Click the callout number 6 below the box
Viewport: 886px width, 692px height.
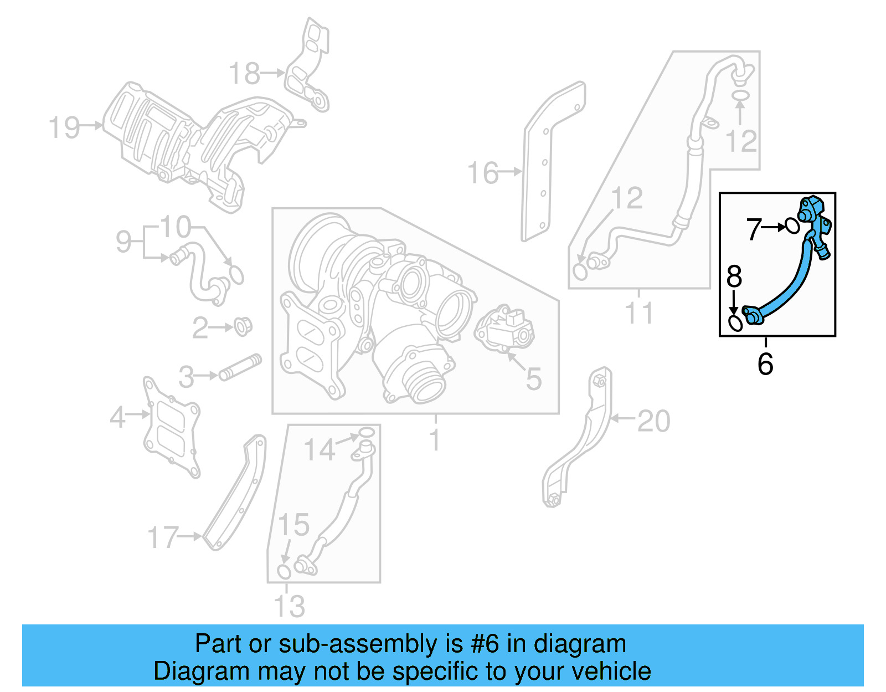765,364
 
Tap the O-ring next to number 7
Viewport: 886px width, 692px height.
792,225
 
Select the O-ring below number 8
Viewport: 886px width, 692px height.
735,323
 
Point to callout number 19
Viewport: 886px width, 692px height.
64,127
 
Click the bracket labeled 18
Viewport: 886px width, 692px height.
307,66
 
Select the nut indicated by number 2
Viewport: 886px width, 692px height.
243,326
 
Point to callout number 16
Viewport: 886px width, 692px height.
483,173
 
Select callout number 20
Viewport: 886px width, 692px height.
653,421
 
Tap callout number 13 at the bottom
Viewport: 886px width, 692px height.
289,606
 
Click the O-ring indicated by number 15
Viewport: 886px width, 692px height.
284,571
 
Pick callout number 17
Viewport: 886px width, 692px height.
163,537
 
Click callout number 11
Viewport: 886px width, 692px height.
638,313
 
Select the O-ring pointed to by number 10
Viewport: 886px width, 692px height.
236,274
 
